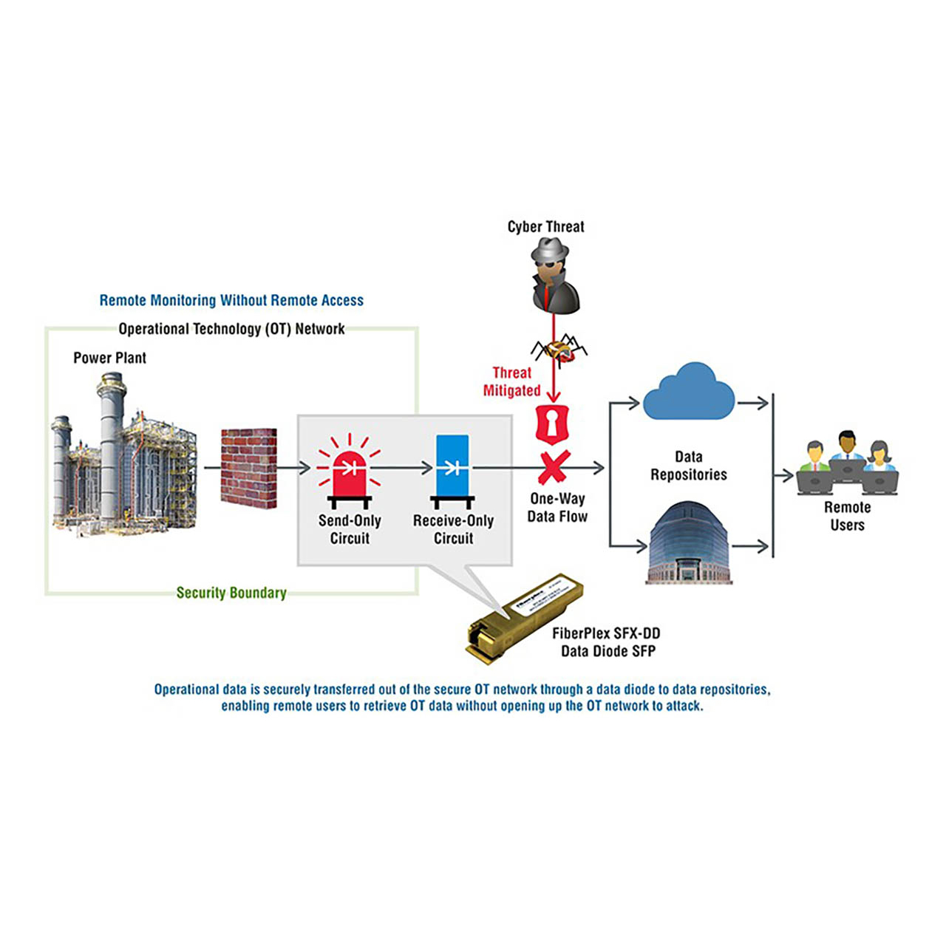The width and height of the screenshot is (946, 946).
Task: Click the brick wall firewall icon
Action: [249, 468]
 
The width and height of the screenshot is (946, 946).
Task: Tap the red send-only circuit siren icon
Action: [349, 473]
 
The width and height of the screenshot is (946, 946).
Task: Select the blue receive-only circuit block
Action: [452, 466]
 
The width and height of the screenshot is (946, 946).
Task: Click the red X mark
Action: [554, 467]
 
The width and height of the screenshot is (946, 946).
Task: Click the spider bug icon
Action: [559, 349]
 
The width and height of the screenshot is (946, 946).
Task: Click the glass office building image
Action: [689, 543]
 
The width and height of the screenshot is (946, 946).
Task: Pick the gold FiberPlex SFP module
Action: [524, 615]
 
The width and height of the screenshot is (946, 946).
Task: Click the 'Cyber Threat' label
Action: [545, 227]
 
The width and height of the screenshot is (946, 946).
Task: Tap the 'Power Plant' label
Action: [109, 358]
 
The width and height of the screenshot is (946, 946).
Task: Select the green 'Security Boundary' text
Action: [231, 593]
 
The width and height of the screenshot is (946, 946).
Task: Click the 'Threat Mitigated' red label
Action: [512, 381]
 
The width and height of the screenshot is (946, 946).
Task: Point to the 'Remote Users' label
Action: [847, 516]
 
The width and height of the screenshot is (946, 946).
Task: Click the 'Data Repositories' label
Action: [688, 466]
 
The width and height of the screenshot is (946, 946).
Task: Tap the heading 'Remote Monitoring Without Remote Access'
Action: [231, 300]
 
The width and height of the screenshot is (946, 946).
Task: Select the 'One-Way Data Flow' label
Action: [557, 508]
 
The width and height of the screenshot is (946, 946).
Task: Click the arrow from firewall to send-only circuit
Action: [293, 467]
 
